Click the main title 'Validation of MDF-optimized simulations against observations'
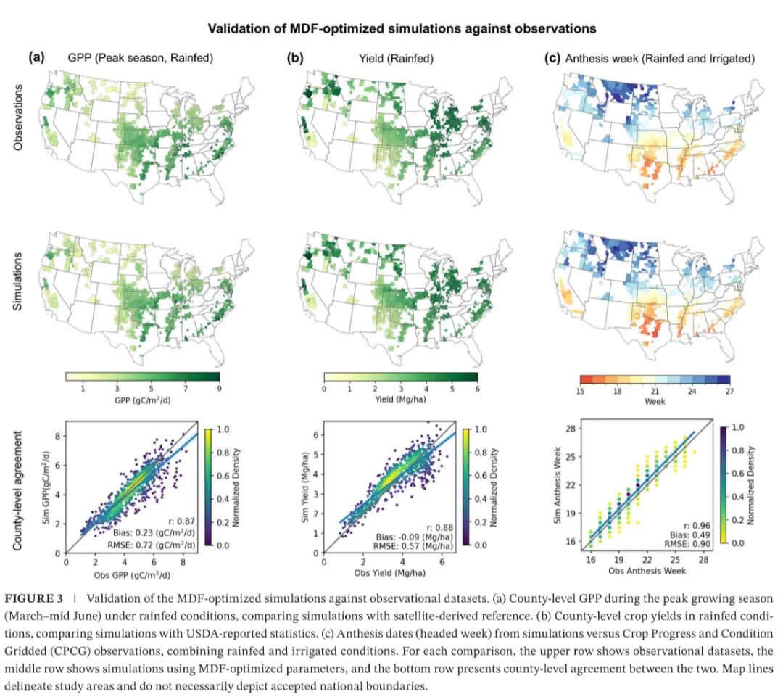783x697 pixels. (x=402, y=28)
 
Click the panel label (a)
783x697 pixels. (x=36, y=57)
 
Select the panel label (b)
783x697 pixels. (x=295, y=58)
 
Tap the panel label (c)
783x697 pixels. (x=552, y=58)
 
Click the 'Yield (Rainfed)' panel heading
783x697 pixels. (x=396, y=59)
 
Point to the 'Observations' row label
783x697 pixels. (x=18, y=117)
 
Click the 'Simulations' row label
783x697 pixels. (x=17, y=281)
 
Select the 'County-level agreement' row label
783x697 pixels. (x=17, y=490)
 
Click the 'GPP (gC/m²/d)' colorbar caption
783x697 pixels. (x=143, y=400)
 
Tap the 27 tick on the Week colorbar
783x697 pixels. (x=729, y=391)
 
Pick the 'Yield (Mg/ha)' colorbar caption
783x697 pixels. (x=400, y=399)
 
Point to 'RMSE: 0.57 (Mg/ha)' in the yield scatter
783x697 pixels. (x=413, y=546)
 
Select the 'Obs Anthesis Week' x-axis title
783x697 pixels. (x=647, y=571)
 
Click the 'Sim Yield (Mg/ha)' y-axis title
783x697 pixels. (x=305, y=487)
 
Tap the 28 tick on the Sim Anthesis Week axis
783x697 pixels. (x=571, y=428)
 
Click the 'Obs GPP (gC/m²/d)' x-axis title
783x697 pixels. (x=133, y=575)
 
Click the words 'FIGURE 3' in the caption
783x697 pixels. (x=34, y=598)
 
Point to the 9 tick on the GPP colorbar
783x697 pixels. (x=219, y=388)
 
